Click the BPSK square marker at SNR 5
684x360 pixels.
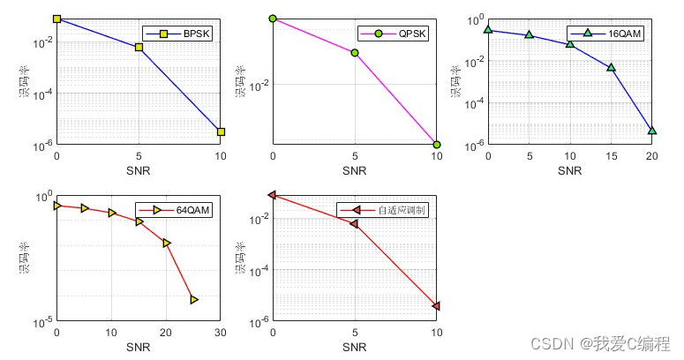click(139, 48)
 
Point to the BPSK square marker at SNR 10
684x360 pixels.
click(221, 131)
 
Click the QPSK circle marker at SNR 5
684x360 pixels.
click(355, 53)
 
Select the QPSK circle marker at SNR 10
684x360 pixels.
click(437, 144)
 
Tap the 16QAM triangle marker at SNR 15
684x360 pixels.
click(612, 67)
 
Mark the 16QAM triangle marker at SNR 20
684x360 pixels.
click(652, 131)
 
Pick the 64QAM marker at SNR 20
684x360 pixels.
click(167, 243)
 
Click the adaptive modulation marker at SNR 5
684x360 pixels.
click(355, 224)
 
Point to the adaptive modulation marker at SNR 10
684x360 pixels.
click(437, 306)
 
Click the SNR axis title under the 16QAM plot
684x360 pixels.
click(570, 169)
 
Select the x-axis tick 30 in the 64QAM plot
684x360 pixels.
click(221, 334)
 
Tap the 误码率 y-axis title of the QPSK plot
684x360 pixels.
click(241, 80)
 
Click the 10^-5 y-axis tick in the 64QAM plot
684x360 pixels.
click(41, 323)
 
